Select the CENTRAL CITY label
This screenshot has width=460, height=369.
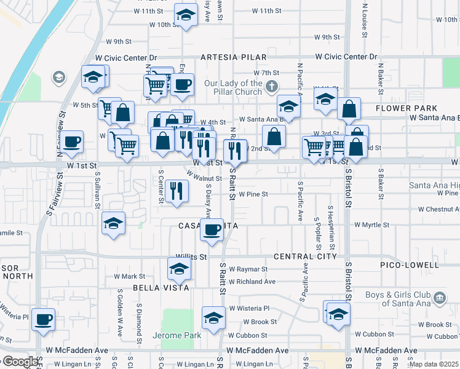click(x=305, y=256)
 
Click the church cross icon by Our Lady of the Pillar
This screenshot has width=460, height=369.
click(x=272, y=87)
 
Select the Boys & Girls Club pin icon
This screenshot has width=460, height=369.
click(x=439, y=298)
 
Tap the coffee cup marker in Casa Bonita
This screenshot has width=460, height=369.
click(x=212, y=230)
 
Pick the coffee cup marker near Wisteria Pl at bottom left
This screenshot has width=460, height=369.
click(x=43, y=319)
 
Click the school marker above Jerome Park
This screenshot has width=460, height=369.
click(x=213, y=317)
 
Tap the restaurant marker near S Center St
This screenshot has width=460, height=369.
click(x=176, y=191)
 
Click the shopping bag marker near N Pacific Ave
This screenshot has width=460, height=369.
click(x=274, y=137)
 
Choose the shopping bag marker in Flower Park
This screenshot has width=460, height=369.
click(x=349, y=109)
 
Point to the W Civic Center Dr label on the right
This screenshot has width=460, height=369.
click(x=346, y=57)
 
